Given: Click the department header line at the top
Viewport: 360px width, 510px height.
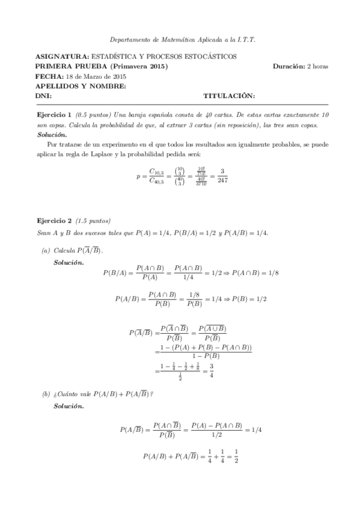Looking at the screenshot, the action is [180, 40].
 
